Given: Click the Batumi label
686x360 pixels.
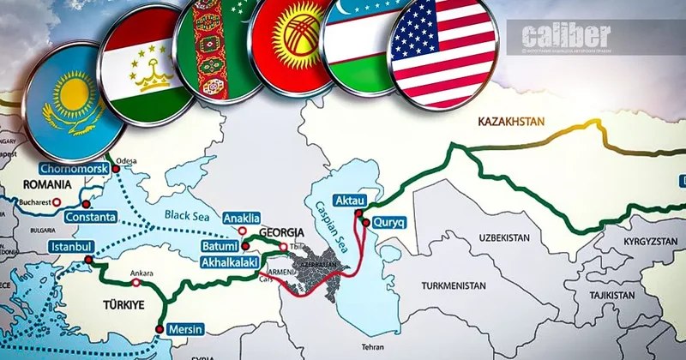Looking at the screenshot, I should click(x=222, y=246).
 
